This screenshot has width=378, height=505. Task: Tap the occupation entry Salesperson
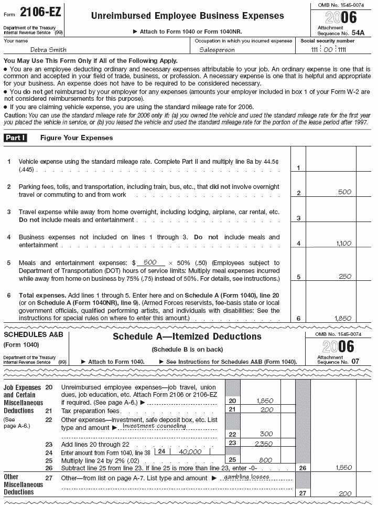[x=217, y=50]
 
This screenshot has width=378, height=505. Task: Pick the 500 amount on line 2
[x=344, y=192]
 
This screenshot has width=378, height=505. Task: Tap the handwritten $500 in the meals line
[x=150, y=262]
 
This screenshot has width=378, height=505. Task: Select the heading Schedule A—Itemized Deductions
[x=187, y=336]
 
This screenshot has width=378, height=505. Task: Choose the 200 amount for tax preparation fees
[x=267, y=409]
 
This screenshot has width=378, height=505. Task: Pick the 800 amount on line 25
[x=267, y=459]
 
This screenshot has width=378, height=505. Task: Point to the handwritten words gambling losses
[x=246, y=477]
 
